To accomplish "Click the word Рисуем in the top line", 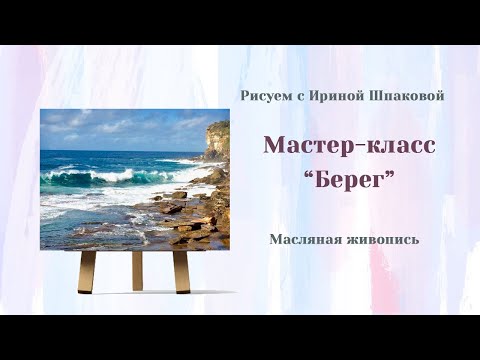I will [263, 95].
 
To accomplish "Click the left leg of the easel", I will [87, 271].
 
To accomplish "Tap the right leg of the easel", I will [182, 271].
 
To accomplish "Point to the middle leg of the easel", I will [137, 269].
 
